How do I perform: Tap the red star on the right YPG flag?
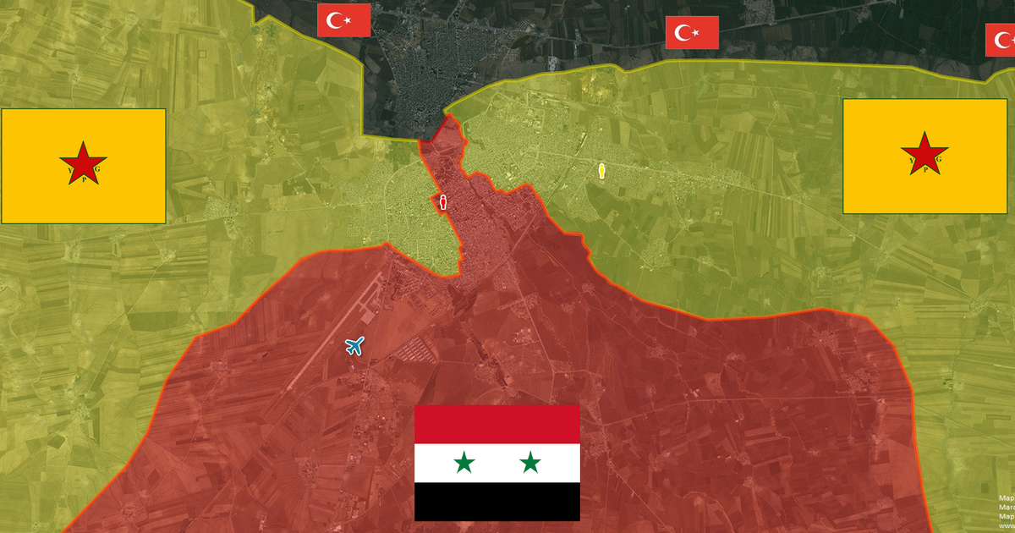coord(924,153)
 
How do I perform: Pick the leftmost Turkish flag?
coord(344,20)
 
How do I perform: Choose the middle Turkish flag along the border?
coord(692,33)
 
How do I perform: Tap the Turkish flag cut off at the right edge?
coord(1001,40)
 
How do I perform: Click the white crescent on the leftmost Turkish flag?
coord(337,20)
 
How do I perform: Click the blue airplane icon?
coord(354,345)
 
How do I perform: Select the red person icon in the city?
coord(442,201)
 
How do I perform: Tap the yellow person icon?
coord(601,170)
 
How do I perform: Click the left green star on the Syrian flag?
coord(464,463)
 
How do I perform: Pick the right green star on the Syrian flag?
coord(530,463)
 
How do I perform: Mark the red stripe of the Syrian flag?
coord(497,424)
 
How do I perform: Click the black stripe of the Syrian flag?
coord(497,502)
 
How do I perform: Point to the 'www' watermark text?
coord(1006,525)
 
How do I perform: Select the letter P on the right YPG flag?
coord(924,170)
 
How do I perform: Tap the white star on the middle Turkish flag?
coord(697,33)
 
